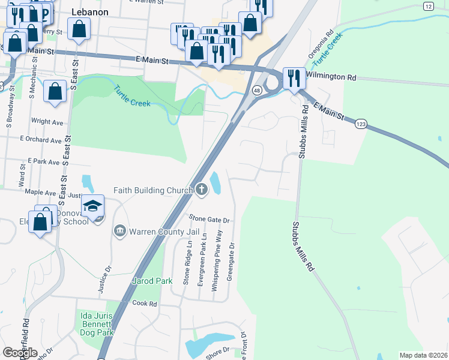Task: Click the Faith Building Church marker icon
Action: (x=202, y=191)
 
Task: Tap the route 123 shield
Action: (x=361, y=124)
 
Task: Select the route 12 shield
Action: (x=428, y=6)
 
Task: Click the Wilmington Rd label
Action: (x=331, y=77)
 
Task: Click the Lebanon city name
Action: (x=89, y=12)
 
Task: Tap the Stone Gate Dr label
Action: (x=209, y=220)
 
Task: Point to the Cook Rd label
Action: (x=145, y=304)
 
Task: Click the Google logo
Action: (x=20, y=352)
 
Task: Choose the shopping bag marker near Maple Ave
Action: (x=40, y=222)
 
